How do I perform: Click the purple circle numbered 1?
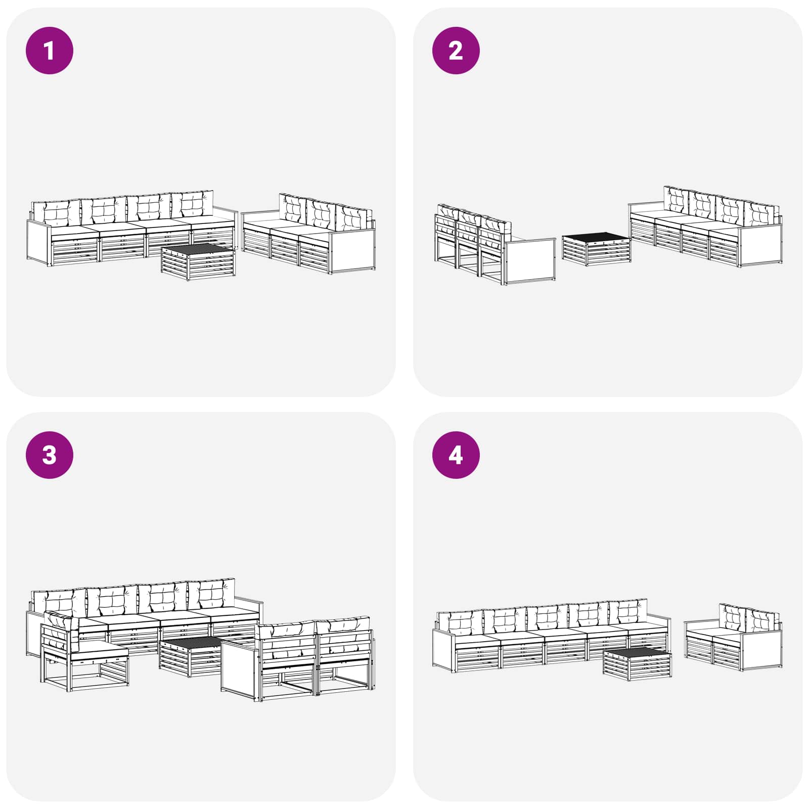pos(50,51)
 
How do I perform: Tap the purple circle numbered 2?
pos(456,51)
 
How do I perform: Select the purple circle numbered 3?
pos(50,455)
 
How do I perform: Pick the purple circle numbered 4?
pos(456,455)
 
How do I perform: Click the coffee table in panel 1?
pos(198,261)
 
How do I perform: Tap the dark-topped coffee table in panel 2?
pos(597,249)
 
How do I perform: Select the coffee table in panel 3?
pos(191,656)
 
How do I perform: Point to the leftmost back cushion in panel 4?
pos(460,623)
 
